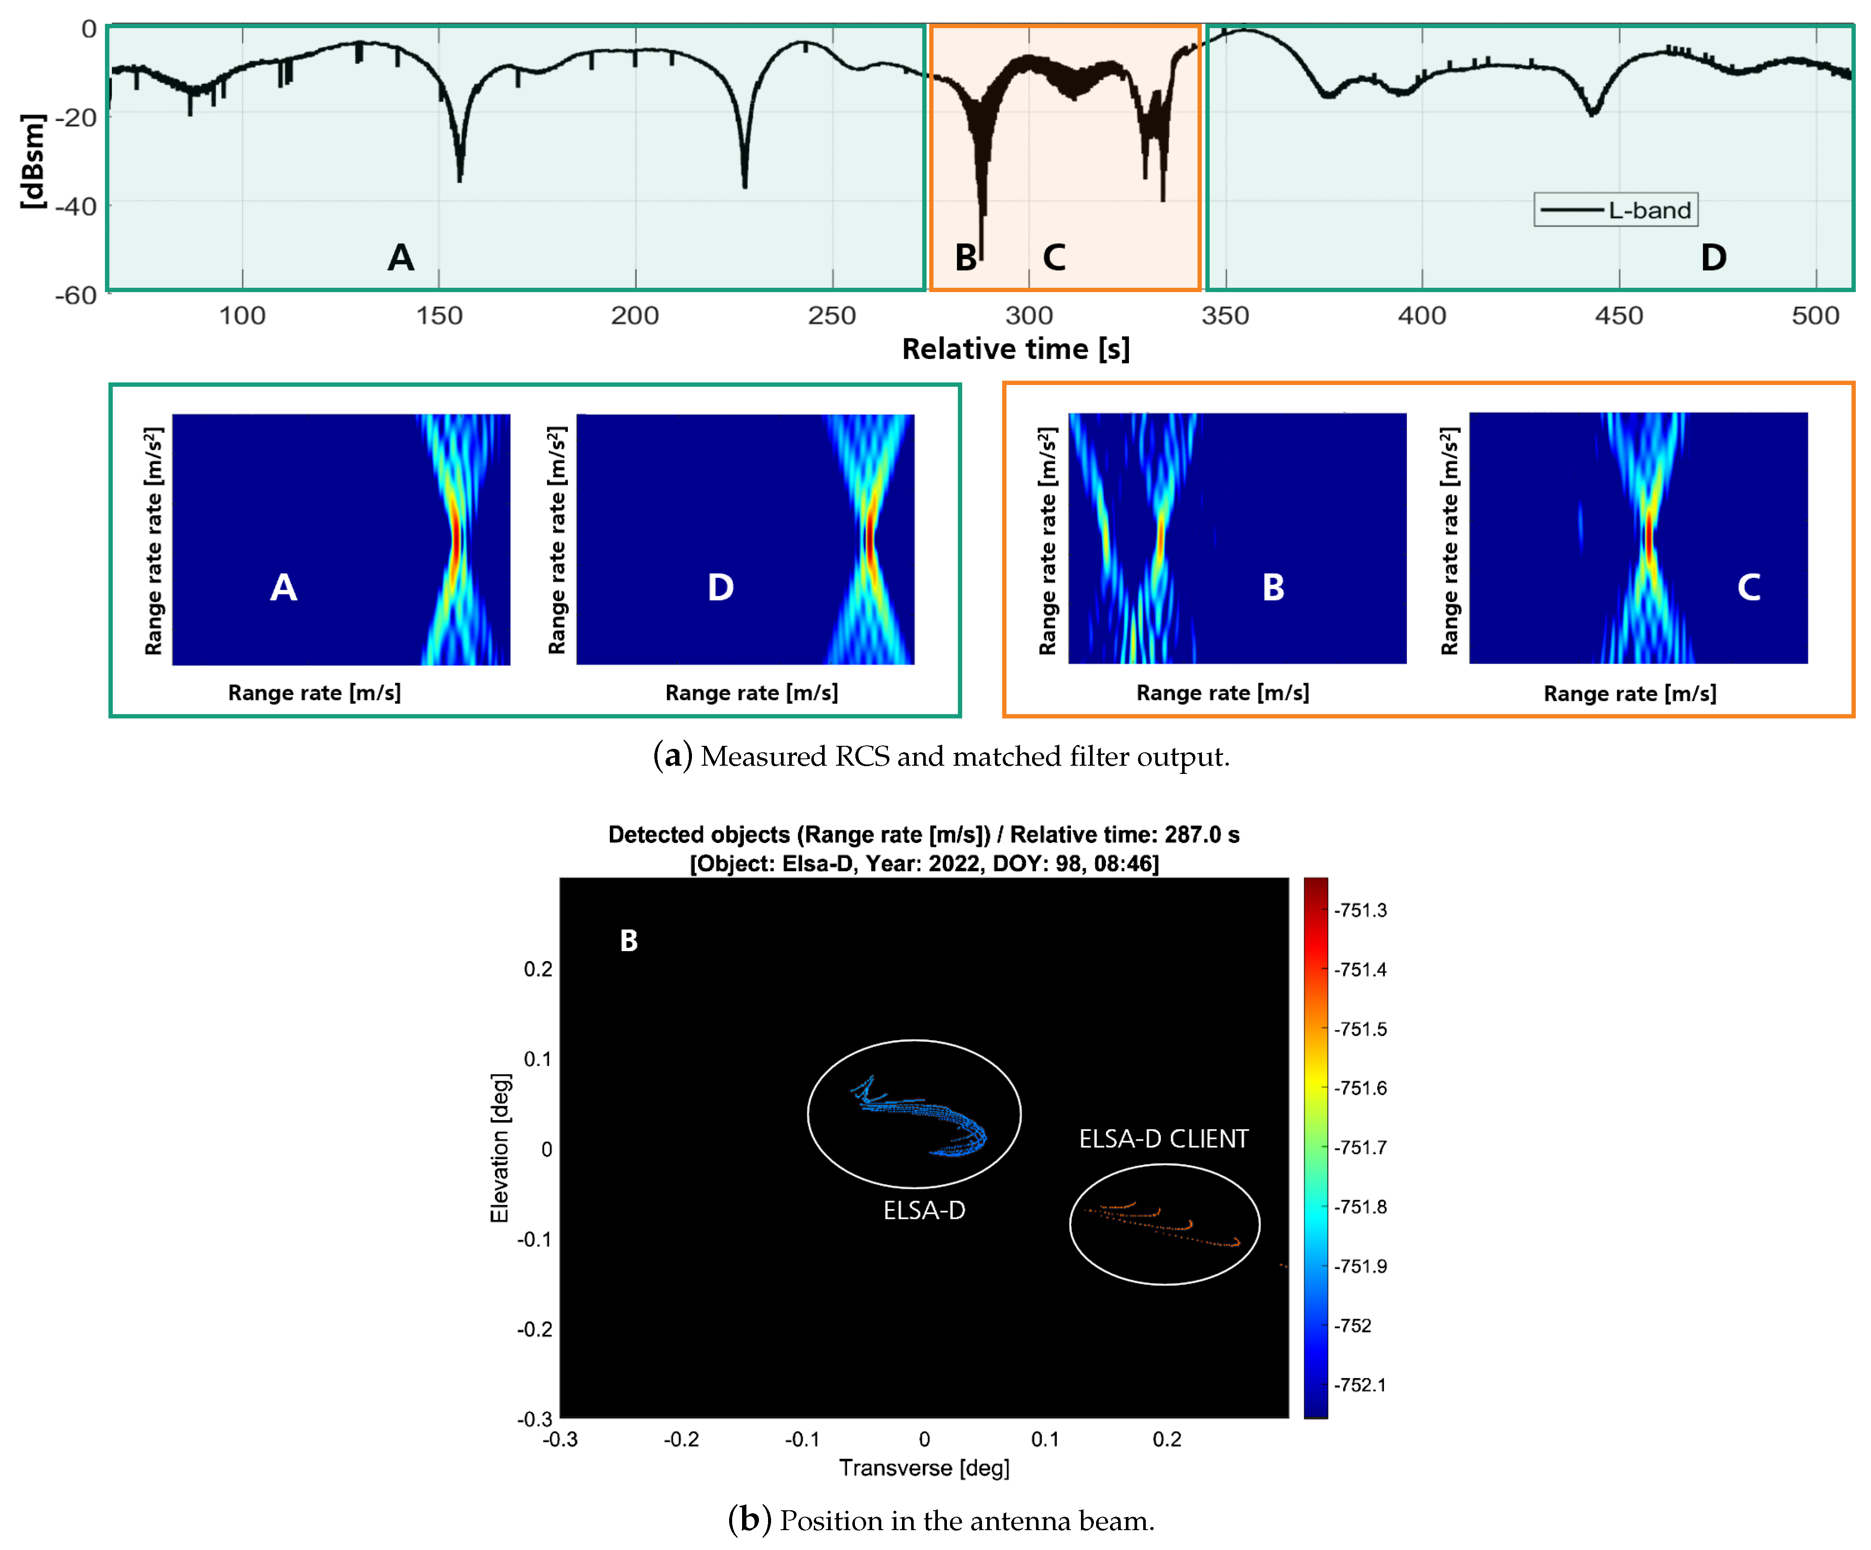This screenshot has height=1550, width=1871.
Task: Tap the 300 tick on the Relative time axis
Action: pyautogui.click(x=1029, y=315)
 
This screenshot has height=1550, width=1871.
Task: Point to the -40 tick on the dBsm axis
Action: pyautogui.click(x=76, y=206)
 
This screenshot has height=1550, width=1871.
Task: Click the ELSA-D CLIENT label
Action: pyautogui.click(x=1163, y=1139)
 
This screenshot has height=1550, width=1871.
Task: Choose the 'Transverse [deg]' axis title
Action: pyautogui.click(x=924, y=1467)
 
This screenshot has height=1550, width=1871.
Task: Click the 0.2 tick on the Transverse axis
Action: pyautogui.click(x=1166, y=1439)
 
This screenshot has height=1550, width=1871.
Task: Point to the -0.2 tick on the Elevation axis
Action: pyautogui.click(x=535, y=1329)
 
